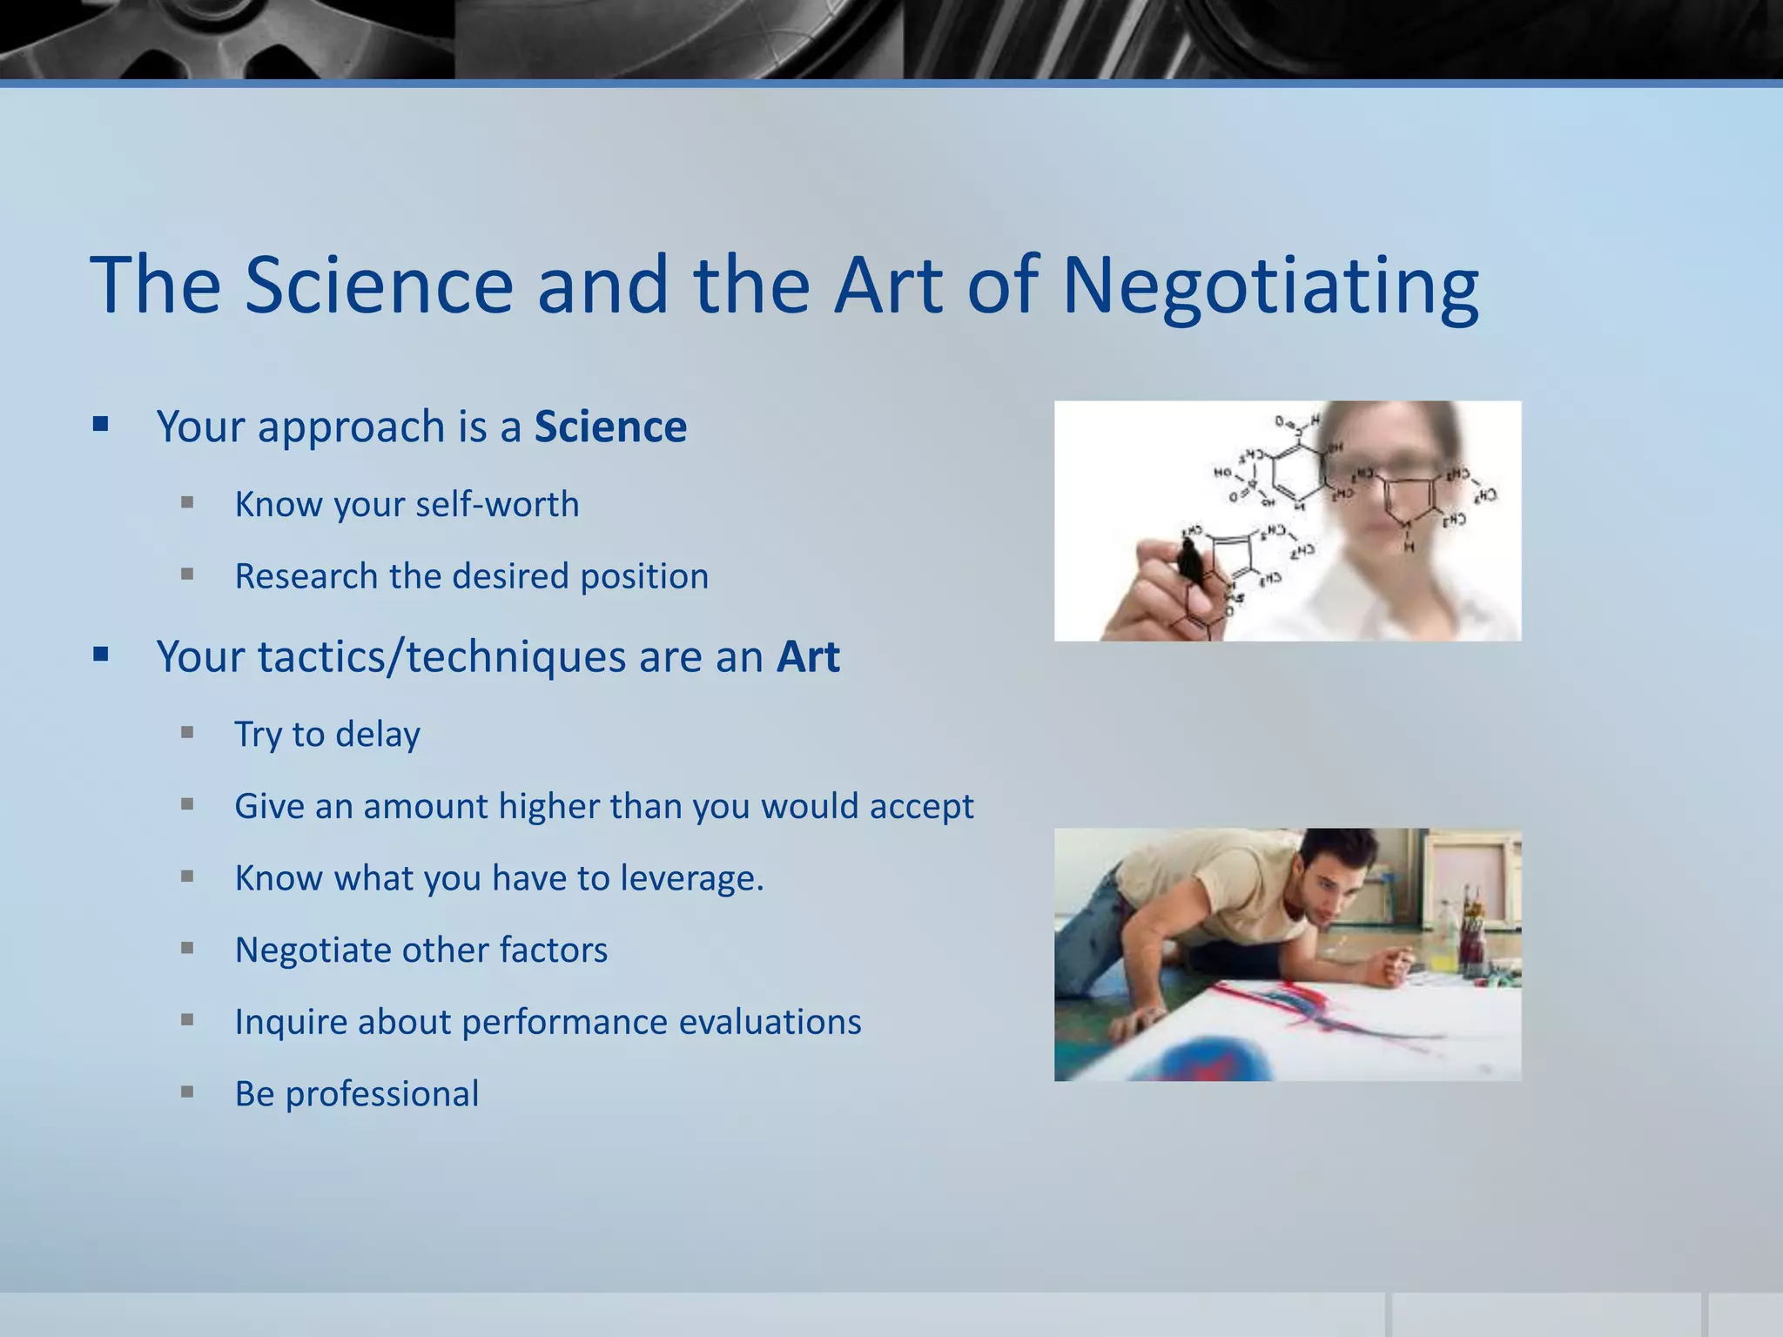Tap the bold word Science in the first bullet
pyautogui.click(x=610, y=427)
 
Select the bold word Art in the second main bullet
pyautogui.click(x=808, y=657)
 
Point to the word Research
pyautogui.click(x=306, y=577)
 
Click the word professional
pyautogui.click(x=382, y=1094)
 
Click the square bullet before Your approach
pyautogui.click(x=101, y=425)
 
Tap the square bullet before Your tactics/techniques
pyautogui.click(x=101, y=654)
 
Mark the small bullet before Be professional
pyautogui.click(x=187, y=1091)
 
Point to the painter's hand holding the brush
pyautogui.click(x=1393, y=965)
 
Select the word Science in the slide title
pyautogui.click(x=379, y=286)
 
